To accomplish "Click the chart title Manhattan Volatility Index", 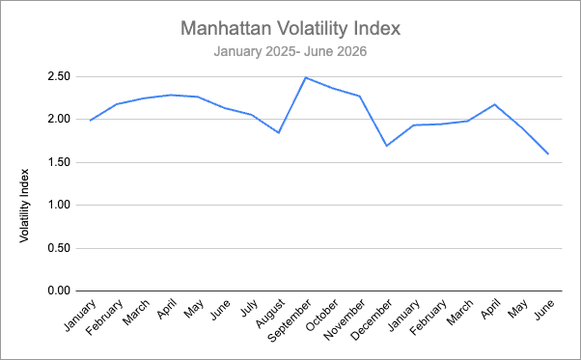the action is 290,28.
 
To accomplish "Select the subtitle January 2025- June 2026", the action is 290,51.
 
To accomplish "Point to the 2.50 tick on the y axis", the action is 59,76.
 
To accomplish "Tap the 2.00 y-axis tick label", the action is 59,120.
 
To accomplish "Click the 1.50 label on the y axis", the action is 59,162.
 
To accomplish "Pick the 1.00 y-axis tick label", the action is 59,205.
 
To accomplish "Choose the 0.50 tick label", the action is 59,248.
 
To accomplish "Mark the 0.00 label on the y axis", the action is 59,291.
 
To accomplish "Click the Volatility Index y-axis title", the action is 24,206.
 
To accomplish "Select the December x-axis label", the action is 372,320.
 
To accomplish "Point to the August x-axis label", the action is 271,314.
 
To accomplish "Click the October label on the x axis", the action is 322,315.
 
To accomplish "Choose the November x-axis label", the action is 345,319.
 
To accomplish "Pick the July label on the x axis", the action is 249,308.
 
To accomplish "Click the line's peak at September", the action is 306,77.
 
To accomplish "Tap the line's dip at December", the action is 387,146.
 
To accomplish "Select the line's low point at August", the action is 279,132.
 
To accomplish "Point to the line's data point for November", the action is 360,97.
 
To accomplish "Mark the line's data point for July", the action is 252,115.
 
